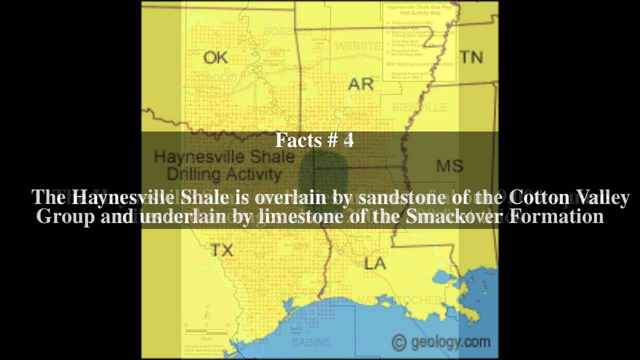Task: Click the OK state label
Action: pyautogui.click(x=215, y=58)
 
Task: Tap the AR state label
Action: pyautogui.click(x=361, y=84)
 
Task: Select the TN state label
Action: pyautogui.click(x=471, y=57)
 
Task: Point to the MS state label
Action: pyautogui.click(x=449, y=165)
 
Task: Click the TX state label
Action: pyautogui.click(x=221, y=249)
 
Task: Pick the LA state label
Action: pyautogui.click(x=375, y=263)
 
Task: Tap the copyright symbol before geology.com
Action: pyautogui.click(x=398, y=342)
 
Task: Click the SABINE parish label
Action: pyautogui.click(x=311, y=342)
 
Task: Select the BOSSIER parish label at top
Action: pyautogui.click(x=287, y=31)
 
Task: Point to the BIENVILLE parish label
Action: pyautogui.click(x=419, y=107)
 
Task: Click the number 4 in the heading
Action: pyautogui.click(x=348, y=140)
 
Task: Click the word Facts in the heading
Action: pyautogui.click(x=298, y=140)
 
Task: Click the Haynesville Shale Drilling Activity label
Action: pyautogui.click(x=224, y=165)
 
